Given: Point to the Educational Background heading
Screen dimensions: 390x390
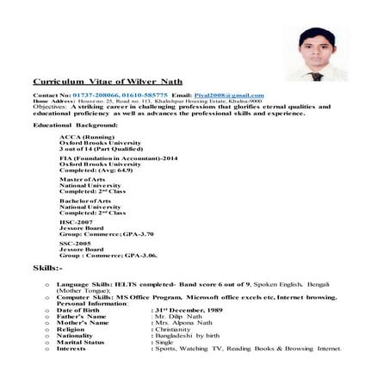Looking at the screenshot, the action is coord(70,126).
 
